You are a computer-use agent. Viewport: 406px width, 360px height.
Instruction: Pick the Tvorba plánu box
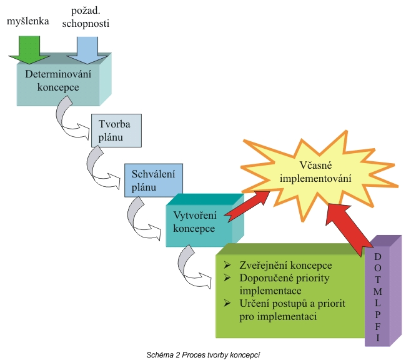pos(116,130)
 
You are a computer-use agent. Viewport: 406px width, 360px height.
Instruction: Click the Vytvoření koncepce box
pos(195,222)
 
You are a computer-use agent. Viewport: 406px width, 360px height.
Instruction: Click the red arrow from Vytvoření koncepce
pos(247,205)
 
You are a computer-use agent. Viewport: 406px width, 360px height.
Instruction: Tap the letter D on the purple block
pos(378,257)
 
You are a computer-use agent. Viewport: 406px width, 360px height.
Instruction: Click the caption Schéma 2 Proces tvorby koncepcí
pos(203,354)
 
